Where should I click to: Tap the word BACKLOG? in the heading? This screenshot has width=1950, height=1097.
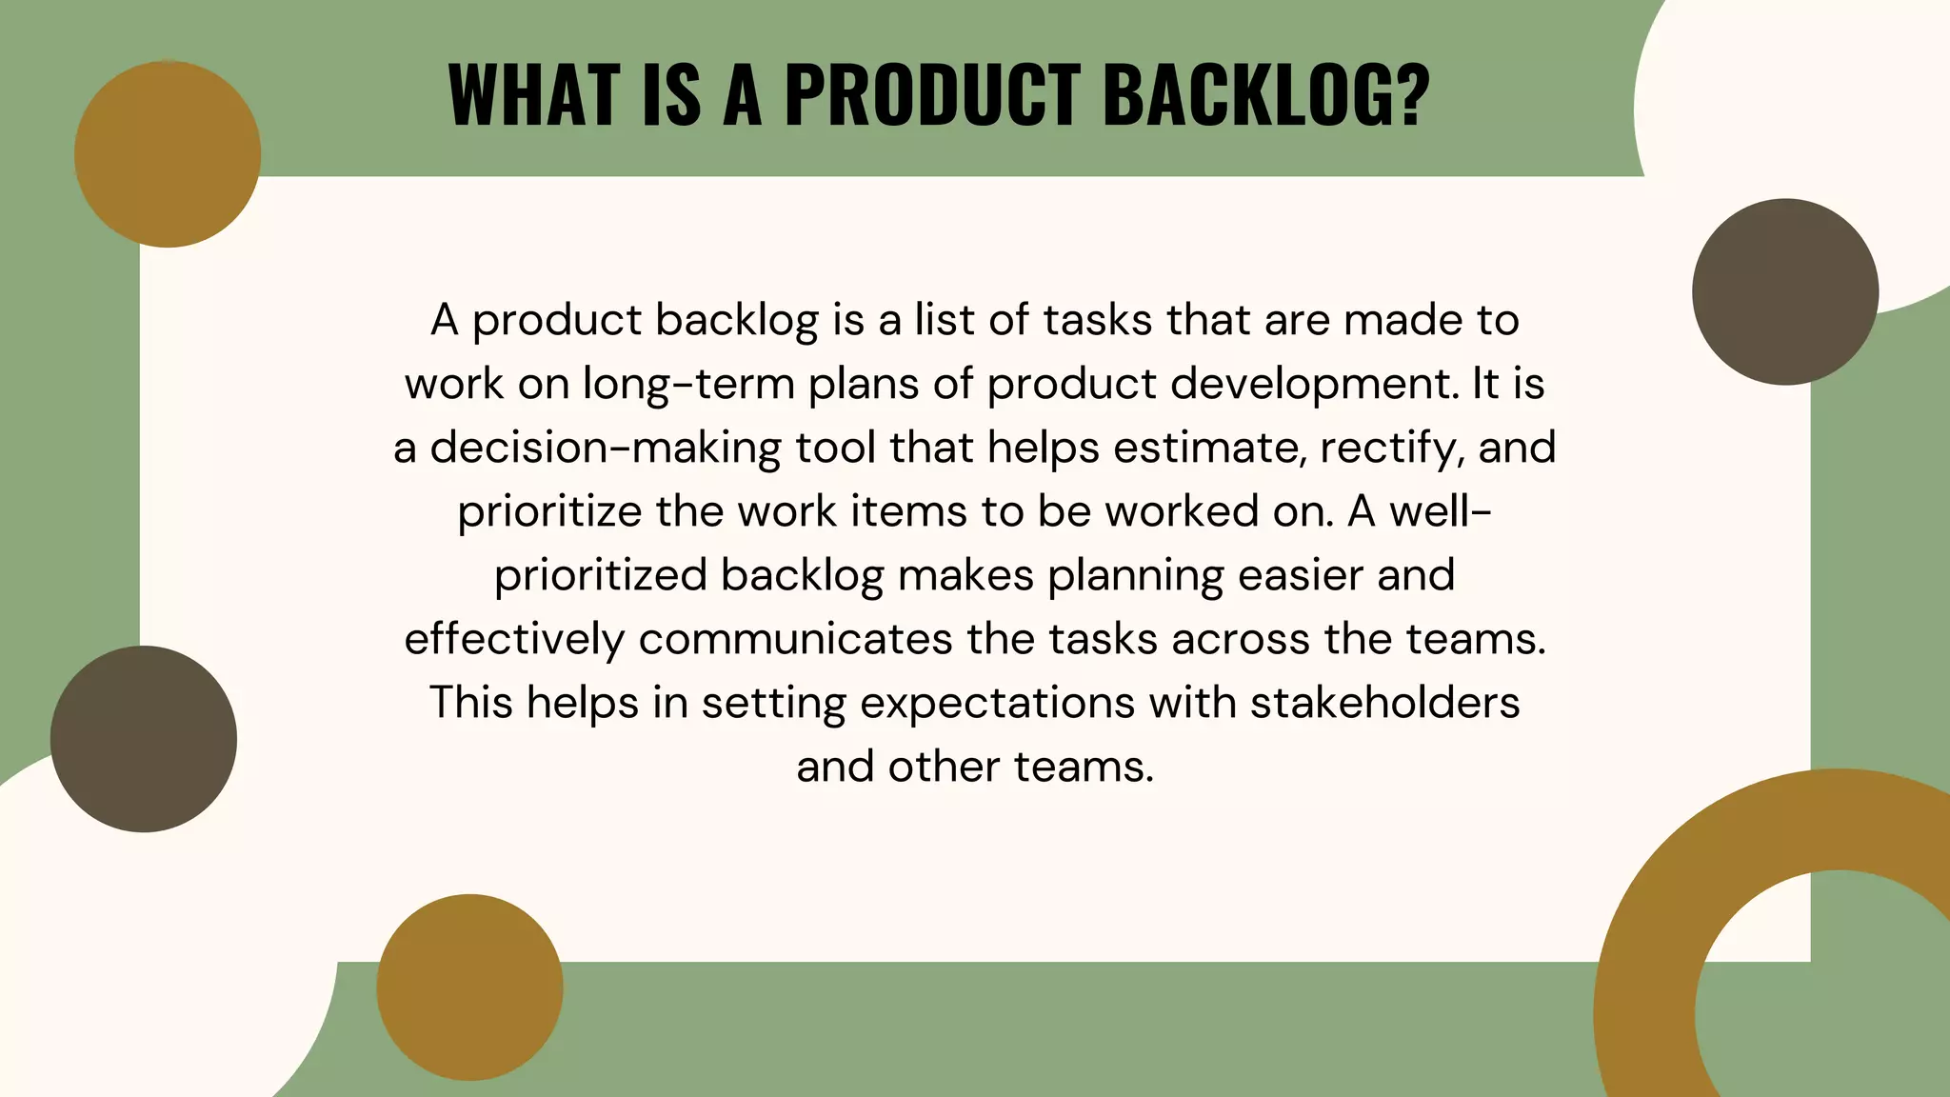pyautogui.click(x=1266, y=94)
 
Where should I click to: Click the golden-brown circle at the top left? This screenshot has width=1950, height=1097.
pyautogui.click(x=168, y=154)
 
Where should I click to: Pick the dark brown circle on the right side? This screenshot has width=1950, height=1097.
pyautogui.click(x=1784, y=291)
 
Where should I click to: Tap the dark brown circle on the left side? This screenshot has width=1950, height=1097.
pyautogui.click(x=144, y=739)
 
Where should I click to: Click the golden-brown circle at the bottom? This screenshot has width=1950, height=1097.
pyautogui.click(x=469, y=987)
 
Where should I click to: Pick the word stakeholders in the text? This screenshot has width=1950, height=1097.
pyautogui.click(x=1384, y=703)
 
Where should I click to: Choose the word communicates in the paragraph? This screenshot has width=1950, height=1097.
pyautogui.click(x=795, y=639)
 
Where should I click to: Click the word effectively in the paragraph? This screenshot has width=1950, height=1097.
pyautogui.click(x=514, y=639)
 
